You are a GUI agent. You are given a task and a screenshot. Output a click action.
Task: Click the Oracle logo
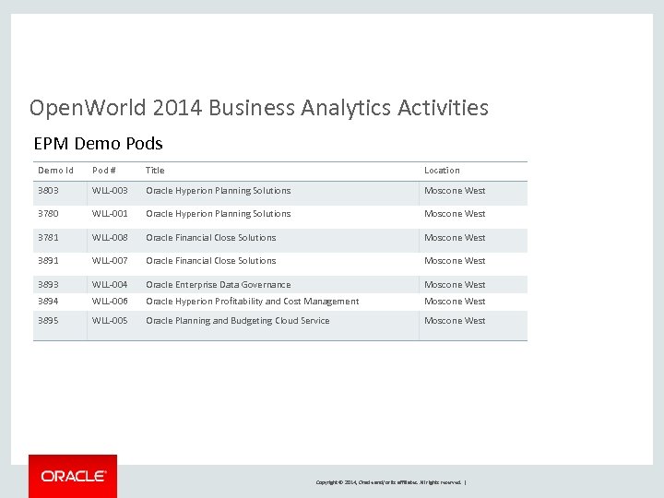(73, 476)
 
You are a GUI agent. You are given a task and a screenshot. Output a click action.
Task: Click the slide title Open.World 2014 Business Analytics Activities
(259, 108)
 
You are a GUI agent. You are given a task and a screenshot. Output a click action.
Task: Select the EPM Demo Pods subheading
(98, 143)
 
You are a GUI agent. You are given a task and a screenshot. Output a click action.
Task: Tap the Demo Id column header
(55, 171)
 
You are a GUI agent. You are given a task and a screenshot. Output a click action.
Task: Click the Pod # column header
(104, 171)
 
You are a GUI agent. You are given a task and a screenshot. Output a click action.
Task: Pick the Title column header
(155, 171)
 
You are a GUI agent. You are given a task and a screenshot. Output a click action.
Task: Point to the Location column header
(442, 171)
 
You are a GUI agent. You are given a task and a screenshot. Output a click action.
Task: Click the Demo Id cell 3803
(48, 191)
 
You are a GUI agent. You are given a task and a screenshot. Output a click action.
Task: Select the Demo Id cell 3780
(48, 214)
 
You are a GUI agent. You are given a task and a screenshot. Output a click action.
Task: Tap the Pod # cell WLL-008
(110, 238)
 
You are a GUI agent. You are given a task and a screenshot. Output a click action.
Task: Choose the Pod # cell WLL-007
(110, 261)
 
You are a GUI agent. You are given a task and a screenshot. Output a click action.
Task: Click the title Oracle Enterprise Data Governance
(218, 285)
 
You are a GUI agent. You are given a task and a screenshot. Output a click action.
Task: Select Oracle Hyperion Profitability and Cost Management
(252, 302)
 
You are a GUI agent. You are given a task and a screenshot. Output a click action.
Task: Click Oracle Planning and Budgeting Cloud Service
(237, 321)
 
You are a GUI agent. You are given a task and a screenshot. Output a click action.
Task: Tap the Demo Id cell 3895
(48, 321)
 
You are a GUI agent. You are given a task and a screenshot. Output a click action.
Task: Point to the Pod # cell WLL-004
(110, 285)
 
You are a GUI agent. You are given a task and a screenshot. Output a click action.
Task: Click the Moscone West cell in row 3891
(454, 261)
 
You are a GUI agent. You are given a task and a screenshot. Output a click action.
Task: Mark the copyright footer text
(391, 482)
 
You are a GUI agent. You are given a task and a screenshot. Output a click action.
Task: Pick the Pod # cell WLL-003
(110, 191)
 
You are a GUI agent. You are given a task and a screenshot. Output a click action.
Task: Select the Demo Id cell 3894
(48, 302)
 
